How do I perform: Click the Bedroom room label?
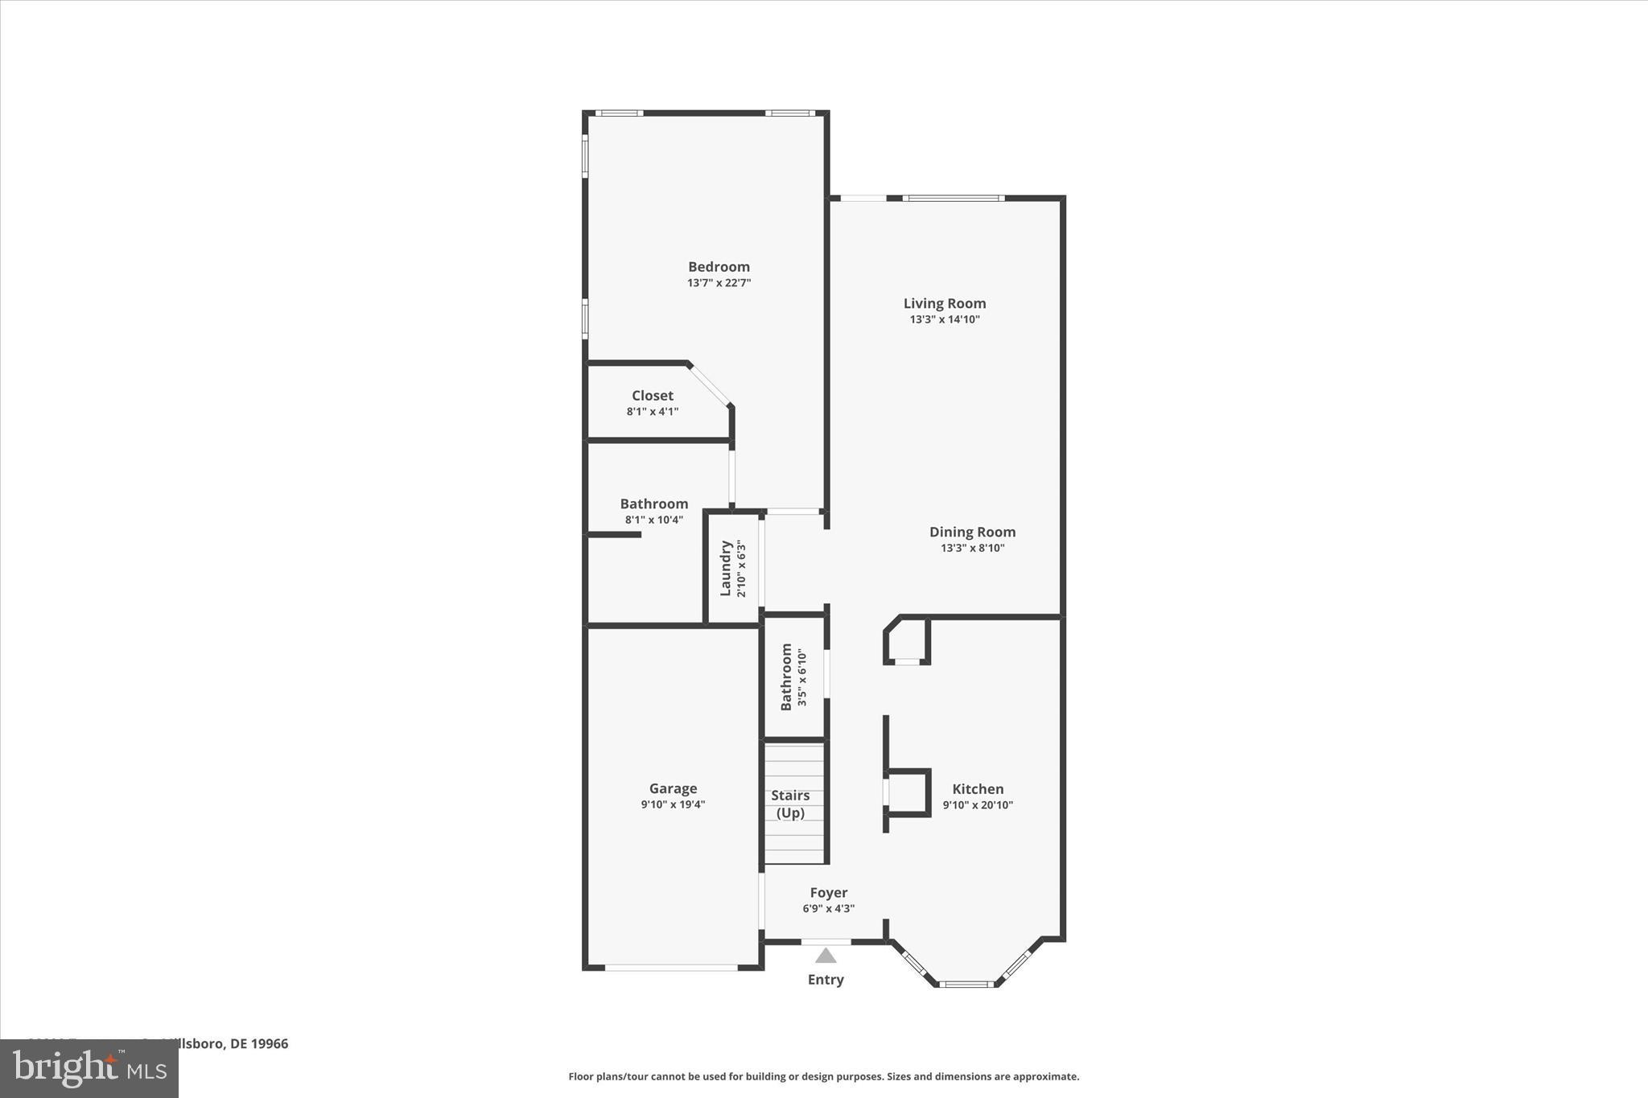click(x=719, y=266)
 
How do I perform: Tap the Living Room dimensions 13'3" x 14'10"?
click(x=945, y=319)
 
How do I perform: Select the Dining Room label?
click(x=972, y=532)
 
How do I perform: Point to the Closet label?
click(x=652, y=395)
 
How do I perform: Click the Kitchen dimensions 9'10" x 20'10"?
click(x=978, y=805)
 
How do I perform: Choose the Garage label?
click(x=673, y=788)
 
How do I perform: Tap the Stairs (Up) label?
click(x=790, y=804)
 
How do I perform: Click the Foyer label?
click(x=828, y=892)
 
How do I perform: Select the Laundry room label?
click(x=726, y=568)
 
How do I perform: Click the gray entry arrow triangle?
click(x=826, y=956)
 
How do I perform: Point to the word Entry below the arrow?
click(x=826, y=980)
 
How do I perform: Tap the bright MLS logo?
click(x=89, y=1069)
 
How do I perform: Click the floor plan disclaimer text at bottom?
click(x=823, y=1076)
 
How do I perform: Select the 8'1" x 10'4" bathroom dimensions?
click(x=653, y=520)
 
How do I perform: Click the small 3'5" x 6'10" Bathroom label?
click(x=786, y=676)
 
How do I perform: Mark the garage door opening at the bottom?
click(x=671, y=968)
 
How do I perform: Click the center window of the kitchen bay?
click(x=966, y=984)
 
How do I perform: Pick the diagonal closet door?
click(x=710, y=385)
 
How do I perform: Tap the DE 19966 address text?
click(x=258, y=1044)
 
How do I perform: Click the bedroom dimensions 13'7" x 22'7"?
click(x=719, y=283)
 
